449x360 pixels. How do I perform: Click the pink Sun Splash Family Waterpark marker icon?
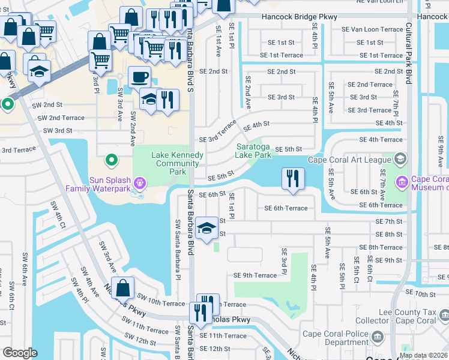(x=140, y=181)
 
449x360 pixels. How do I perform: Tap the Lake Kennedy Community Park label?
(x=177, y=163)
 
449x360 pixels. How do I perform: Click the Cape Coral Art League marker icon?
(x=401, y=159)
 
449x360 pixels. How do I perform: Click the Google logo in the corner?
(x=20, y=353)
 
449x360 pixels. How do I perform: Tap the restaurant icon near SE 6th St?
(x=293, y=178)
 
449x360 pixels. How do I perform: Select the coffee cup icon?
(x=139, y=77)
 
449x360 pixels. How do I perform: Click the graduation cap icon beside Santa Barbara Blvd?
(x=207, y=228)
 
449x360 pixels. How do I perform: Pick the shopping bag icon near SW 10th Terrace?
(x=123, y=289)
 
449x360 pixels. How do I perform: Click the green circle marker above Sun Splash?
(x=111, y=160)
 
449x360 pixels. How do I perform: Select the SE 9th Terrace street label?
(x=255, y=275)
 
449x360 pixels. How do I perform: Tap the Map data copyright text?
(x=424, y=355)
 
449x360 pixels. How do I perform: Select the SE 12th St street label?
(x=214, y=349)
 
